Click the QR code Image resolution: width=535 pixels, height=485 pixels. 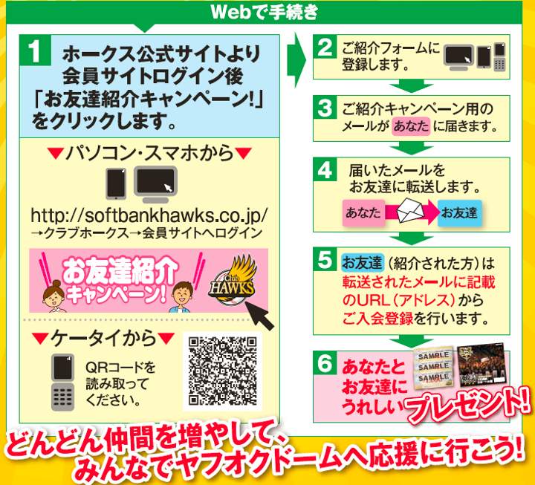click(222, 371)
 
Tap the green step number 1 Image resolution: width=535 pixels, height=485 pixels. click(36, 51)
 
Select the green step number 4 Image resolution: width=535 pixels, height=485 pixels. click(325, 169)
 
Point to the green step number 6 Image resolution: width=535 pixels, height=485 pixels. click(325, 363)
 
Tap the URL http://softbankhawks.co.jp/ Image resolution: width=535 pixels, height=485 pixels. click(149, 215)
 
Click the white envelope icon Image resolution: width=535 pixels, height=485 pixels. click(410, 210)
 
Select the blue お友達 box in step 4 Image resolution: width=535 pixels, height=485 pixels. click(460, 213)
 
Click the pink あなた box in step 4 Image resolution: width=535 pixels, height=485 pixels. click(363, 213)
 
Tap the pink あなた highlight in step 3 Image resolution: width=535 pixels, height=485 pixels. click(411, 126)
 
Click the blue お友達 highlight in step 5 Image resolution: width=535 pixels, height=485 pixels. click(363, 263)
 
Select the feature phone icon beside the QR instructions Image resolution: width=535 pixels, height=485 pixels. click(62, 382)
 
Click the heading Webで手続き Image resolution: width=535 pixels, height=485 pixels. click(265, 12)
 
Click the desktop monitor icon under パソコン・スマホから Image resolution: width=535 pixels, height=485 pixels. click(155, 184)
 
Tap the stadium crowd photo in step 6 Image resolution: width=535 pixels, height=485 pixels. click(482, 365)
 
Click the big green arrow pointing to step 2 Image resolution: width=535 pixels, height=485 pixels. click(296, 60)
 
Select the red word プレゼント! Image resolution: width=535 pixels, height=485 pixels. click(467, 406)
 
